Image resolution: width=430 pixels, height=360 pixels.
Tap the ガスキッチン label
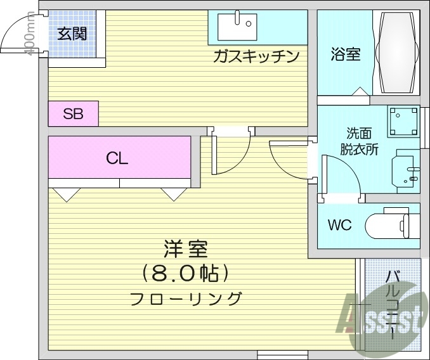[256, 57]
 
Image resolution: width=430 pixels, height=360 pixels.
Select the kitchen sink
[236, 26]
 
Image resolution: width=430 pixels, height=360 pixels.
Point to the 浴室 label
[345, 55]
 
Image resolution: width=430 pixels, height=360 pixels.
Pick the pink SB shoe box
[73, 114]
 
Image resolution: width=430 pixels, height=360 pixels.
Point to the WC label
[340, 224]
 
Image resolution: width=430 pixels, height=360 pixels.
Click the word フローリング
[186, 298]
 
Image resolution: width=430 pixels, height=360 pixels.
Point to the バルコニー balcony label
[393, 303]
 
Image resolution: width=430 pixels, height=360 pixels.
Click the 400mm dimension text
[29, 35]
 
